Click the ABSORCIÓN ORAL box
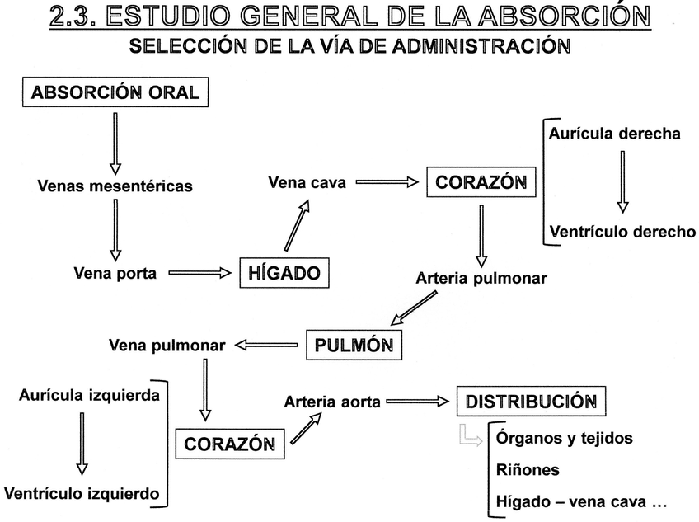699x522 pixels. point(115,92)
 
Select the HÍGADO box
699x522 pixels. point(284,273)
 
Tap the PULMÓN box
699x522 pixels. point(354,345)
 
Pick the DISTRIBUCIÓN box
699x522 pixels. point(531,402)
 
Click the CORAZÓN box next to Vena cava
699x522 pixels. point(481,182)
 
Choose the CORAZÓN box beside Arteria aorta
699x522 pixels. point(229,444)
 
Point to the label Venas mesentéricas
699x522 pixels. point(115,186)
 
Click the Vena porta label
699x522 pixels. point(115,273)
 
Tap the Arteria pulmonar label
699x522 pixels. point(481,278)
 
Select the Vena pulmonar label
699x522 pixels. point(167,346)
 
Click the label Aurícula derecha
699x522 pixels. point(615,133)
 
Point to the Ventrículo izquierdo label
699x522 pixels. point(81,494)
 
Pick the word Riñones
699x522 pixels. point(528,470)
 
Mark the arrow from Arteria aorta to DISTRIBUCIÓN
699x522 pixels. point(419,402)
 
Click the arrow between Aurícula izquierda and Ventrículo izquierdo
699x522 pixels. point(81,443)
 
